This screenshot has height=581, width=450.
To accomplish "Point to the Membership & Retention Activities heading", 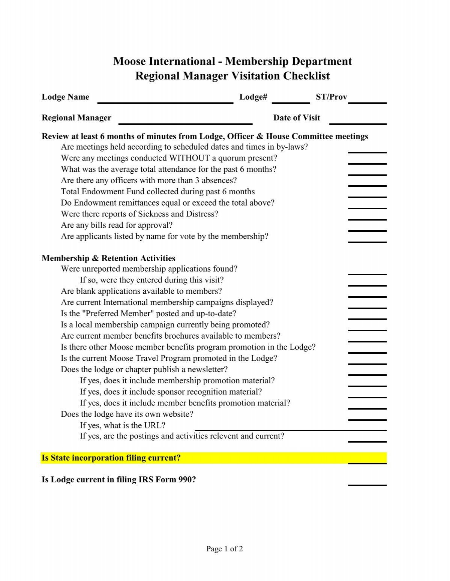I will click(x=108, y=258).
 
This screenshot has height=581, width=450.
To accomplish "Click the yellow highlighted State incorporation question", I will click(x=111, y=458).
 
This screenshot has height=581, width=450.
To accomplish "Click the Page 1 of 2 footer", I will click(x=225, y=549).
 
